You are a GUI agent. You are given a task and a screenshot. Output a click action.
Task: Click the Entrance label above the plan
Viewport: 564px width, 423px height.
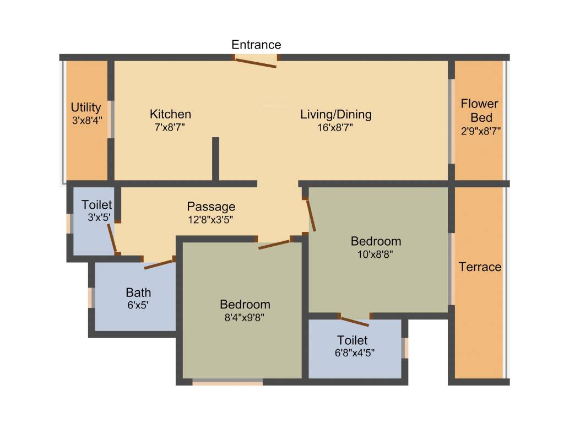point(256,45)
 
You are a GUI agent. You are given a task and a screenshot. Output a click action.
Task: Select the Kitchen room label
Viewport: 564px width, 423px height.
point(171,114)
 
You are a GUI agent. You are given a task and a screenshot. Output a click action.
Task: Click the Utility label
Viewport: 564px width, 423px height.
point(86,107)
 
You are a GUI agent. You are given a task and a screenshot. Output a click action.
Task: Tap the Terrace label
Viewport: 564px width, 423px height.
point(480,267)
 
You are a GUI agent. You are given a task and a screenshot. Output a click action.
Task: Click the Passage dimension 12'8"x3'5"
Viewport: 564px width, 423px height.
point(211,219)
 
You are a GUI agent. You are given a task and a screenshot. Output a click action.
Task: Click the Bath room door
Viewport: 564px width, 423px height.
point(159,264)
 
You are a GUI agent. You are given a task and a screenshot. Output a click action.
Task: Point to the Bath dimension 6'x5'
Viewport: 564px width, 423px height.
point(138,304)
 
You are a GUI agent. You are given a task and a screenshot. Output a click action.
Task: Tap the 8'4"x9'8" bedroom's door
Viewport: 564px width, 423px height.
point(274,244)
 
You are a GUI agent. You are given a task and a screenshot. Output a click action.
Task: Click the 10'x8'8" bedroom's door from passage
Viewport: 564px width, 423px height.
point(311,215)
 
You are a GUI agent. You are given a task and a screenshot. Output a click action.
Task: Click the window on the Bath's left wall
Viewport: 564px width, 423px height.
point(91,297)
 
